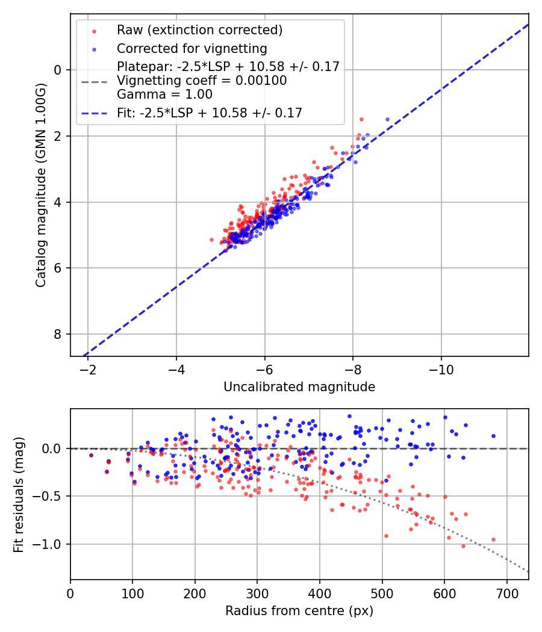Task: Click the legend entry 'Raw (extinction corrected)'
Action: pos(199,30)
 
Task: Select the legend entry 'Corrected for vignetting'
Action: pos(192,48)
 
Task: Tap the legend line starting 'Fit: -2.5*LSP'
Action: pos(209,113)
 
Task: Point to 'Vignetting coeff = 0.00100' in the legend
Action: pos(202,81)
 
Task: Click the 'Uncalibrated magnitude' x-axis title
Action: pos(299,387)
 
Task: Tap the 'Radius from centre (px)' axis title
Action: pos(299,611)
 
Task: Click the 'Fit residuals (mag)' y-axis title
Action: pos(19,495)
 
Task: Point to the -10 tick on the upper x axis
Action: pos(441,368)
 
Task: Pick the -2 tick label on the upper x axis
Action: pos(88,368)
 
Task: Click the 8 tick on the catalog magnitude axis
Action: pos(58,334)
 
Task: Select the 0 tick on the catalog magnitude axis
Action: pos(58,70)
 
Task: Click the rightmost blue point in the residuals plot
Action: pos(493,436)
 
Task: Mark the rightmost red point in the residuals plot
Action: pos(493,539)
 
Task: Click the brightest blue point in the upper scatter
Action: pos(387,119)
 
